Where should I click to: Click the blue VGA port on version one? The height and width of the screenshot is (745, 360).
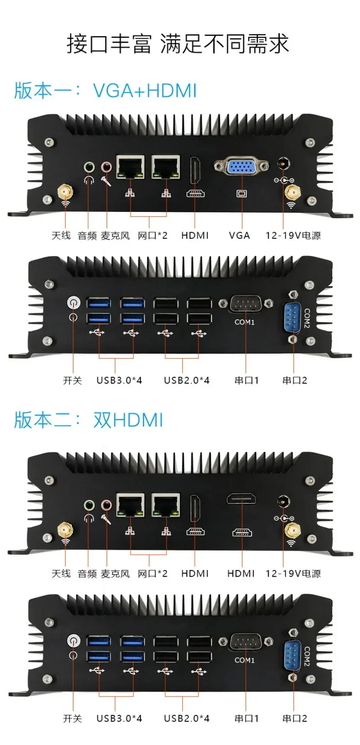point(242,167)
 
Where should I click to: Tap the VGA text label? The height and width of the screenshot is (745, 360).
point(239,235)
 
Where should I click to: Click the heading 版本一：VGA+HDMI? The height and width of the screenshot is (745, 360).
point(105,90)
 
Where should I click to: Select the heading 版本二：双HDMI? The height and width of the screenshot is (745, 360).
point(88,420)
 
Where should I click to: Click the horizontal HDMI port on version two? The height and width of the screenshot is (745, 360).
point(242,499)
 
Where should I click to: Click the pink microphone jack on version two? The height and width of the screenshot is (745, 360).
point(107,505)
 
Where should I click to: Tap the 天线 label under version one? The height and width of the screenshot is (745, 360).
point(61,235)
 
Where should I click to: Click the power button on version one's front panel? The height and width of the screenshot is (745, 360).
point(73,302)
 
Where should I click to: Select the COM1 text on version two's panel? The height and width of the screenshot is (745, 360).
point(244,660)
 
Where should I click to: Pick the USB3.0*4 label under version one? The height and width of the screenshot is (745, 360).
point(119,380)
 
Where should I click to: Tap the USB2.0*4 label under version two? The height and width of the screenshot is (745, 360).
point(186,718)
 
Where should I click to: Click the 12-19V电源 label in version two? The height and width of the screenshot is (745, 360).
point(293,574)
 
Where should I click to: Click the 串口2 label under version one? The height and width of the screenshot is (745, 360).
point(295,380)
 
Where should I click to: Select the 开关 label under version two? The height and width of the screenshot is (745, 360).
point(72,718)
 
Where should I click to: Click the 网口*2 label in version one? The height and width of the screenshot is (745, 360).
point(152,235)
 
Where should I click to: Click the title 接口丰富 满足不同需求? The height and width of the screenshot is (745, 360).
point(178,44)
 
